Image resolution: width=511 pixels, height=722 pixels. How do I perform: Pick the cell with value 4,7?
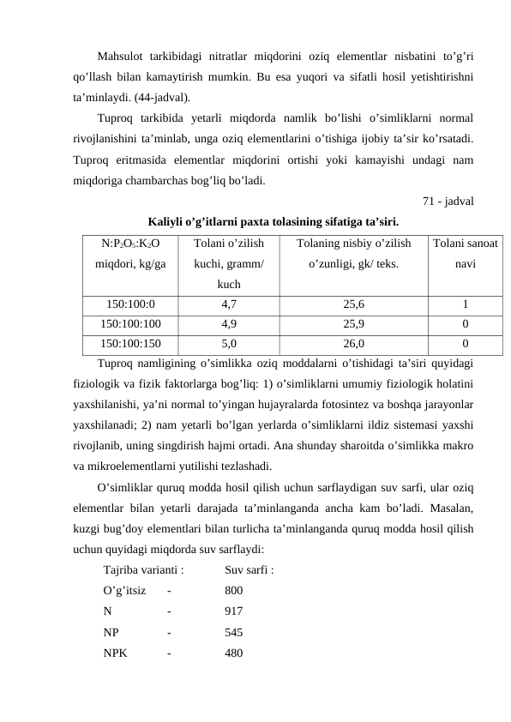tap(229, 304)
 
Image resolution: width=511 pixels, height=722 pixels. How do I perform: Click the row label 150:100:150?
tap(130, 344)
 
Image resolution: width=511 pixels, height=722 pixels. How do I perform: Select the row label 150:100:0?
tap(130, 304)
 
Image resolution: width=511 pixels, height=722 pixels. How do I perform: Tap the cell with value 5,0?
tap(229, 344)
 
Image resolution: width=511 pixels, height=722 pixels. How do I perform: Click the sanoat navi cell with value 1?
tap(464, 304)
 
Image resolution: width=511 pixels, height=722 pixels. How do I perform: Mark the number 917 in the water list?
tap(233, 611)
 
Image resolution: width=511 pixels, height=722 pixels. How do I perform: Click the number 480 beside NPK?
tap(233, 653)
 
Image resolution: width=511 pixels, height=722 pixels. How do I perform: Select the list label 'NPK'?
tap(115, 653)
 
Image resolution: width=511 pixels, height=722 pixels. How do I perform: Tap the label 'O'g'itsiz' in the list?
tap(123, 590)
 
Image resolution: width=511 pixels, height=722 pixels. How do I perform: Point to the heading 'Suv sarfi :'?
tap(249, 569)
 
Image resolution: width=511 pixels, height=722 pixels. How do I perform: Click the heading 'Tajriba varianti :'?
tap(143, 569)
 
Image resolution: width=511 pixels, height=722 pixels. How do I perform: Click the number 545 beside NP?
tap(233, 633)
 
